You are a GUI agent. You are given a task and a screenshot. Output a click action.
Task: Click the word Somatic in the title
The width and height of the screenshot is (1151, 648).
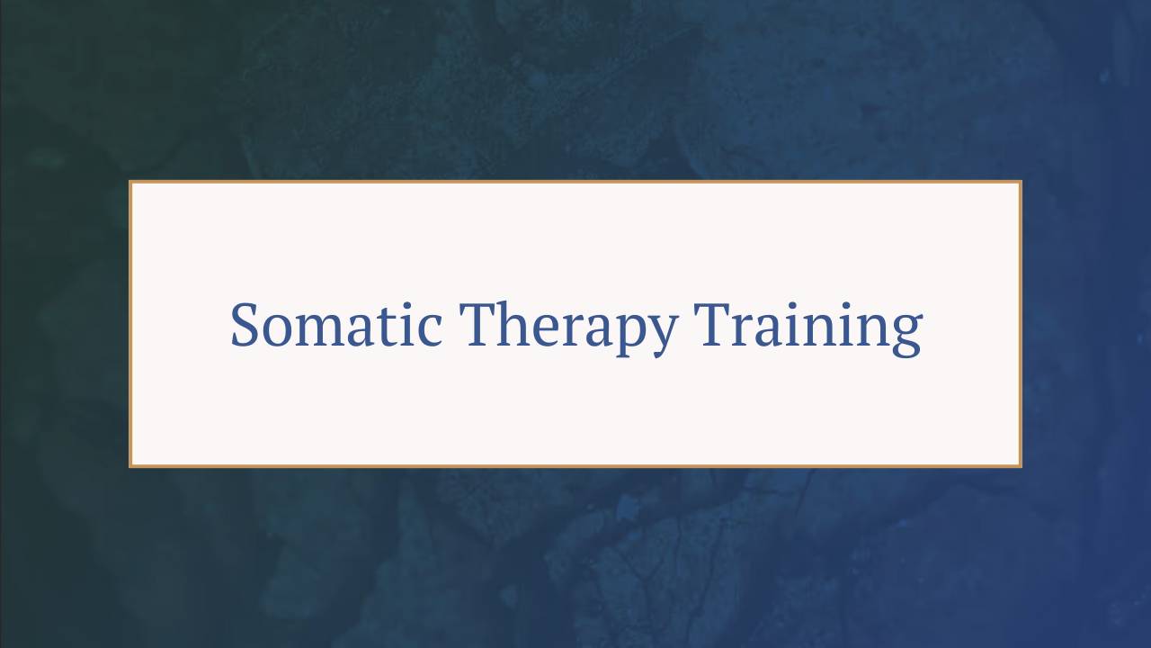pyautogui.click(x=335, y=325)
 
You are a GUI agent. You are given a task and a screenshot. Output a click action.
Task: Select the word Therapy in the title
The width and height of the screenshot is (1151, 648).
pyautogui.click(x=567, y=325)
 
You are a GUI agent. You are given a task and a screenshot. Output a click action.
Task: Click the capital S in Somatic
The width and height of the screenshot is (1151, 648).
pyautogui.click(x=245, y=325)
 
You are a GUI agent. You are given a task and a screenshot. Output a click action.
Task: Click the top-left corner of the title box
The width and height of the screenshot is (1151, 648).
pyautogui.click(x=130, y=182)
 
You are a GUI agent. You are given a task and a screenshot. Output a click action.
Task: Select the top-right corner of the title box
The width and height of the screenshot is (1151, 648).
pyautogui.click(x=1021, y=182)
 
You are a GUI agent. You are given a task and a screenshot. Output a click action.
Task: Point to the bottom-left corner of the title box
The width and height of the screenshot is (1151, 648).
pyautogui.click(x=130, y=466)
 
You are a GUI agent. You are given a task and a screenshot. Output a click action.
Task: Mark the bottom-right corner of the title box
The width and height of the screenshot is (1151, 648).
pyautogui.click(x=1021, y=466)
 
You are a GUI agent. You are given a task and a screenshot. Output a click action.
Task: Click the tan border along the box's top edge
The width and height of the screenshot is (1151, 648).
pyautogui.click(x=575, y=182)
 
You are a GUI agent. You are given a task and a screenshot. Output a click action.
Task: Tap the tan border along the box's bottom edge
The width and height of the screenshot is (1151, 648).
pyautogui.click(x=575, y=466)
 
